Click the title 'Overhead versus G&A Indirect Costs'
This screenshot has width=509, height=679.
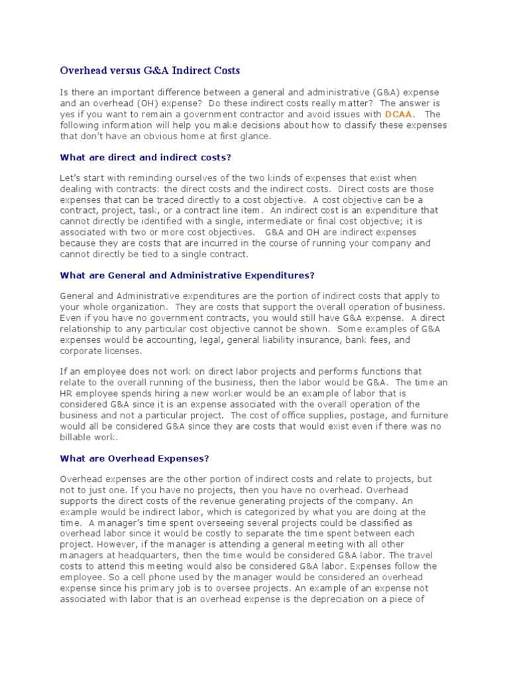tap(150, 70)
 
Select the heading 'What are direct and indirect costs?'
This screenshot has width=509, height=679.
tap(145, 157)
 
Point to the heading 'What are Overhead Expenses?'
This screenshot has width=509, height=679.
tap(135, 458)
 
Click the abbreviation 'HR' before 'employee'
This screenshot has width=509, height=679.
tap(66, 393)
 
